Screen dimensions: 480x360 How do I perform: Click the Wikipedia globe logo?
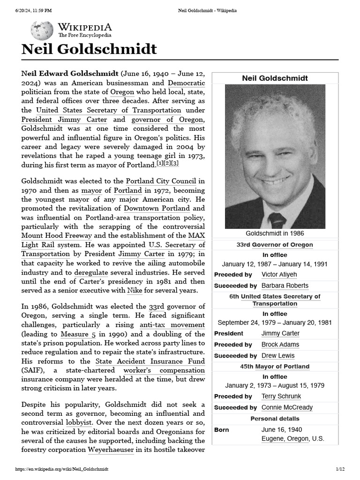(x=42, y=30)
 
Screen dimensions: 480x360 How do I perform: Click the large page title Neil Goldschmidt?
(x=89, y=49)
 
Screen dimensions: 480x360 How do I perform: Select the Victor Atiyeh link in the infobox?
(x=279, y=274)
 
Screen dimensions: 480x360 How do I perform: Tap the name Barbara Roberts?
(x=285, y=285)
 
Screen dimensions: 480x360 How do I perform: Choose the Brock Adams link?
(x=280, y=345)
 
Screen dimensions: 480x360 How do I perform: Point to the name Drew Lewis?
(x=277, y=356)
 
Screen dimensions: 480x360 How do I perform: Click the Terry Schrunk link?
(x=281, y=396)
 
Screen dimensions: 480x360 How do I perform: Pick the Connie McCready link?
(x=286, y=407)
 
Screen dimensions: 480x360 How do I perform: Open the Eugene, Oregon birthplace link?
(x=285, y=439)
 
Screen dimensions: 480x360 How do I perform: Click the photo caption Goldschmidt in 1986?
(x=275, y=233)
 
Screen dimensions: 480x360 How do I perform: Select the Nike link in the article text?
(x=135, y=291)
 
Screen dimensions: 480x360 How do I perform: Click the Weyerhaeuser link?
(x=111, y=450)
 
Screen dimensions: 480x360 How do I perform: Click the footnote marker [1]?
(x=160, y=164)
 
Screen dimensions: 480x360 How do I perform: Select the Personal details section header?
(x=275, y=419)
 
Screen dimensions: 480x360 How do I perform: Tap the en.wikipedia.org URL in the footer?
(x=62, y=469)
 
